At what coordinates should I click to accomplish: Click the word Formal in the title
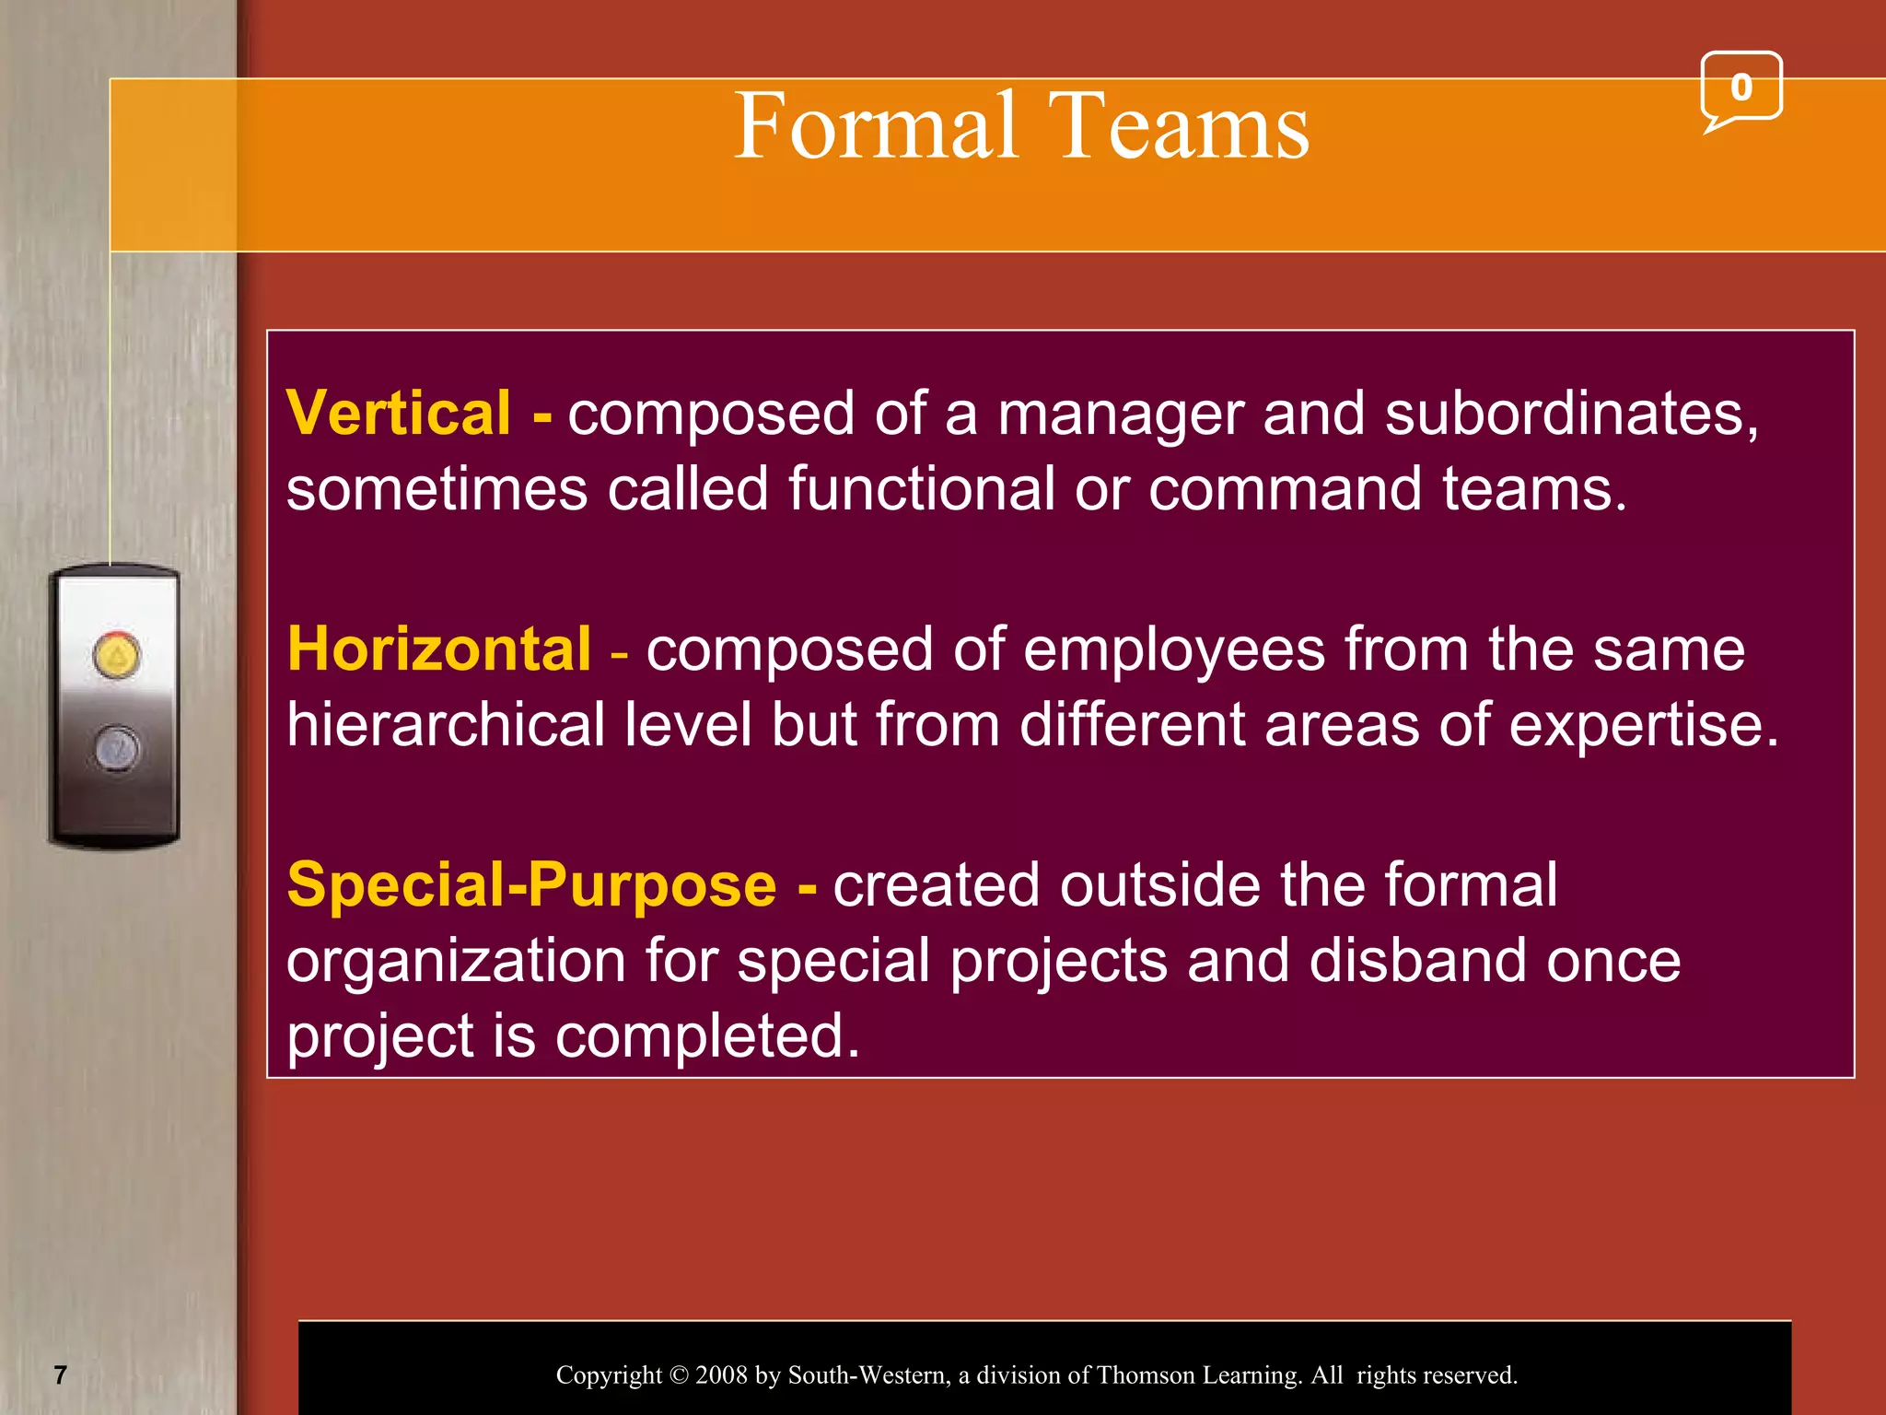pyautogui.click(x=876, y=126)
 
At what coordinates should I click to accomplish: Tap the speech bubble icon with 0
pyautogui.click(x=1740, y=88)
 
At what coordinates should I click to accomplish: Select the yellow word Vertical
pyautogui.click(x=398, y=413)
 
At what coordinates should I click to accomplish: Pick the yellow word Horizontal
pyautogui.click(x=438, y=649)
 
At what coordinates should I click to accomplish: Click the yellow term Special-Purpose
pyautogui.click(x=531, y=884)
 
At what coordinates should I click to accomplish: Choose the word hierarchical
pyautogui.click(x=446, y=724)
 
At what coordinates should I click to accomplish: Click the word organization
pyautogui.click(x=457, y=962)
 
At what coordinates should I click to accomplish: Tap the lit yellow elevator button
pyautogui.click(x=117, y=655)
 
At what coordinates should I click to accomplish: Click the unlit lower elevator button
pyautogui.click(x=117, y=747)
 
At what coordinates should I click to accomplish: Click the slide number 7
pyautogui.click(x=61, y=1375)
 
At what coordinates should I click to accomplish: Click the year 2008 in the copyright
pyautogui.click(x=721, y=1375)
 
